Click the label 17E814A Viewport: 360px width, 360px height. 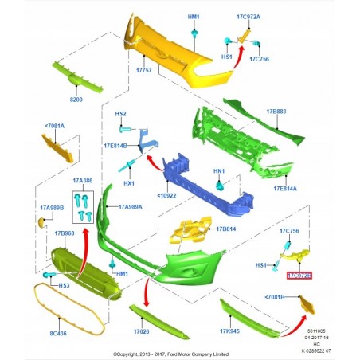point(284,189)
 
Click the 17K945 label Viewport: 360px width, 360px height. point(231,331)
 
